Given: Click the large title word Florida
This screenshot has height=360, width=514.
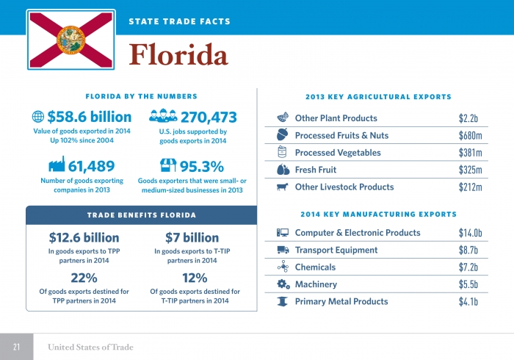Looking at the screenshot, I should [x=178, y=54].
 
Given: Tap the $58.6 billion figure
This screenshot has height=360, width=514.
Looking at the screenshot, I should [x=89, y=117].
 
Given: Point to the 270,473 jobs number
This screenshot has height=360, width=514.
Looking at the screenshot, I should [x=208, y=117].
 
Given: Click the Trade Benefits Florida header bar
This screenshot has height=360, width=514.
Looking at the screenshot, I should [x=141, y=215].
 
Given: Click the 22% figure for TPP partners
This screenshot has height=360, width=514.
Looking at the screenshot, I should [x=83, y=278].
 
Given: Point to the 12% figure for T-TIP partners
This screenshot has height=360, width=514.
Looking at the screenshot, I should [x=195, y=278].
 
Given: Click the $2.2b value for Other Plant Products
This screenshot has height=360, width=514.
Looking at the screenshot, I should [x=469, y=118].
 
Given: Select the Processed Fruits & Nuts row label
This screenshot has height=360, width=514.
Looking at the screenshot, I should [x=341, y=135].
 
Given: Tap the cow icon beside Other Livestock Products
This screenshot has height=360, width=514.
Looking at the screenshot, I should [x=283, y=187].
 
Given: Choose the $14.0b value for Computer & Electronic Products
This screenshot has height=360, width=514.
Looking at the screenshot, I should [x=469, y=233].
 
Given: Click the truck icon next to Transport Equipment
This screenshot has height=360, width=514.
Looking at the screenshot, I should [x=283, y=250].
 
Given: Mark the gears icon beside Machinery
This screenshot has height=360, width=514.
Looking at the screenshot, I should [x=283, y=284].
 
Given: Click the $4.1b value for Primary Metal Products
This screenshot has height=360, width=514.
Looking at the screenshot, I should [x=469, y=301].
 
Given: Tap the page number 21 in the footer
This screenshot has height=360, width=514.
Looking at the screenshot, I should [x=16, y=347].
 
